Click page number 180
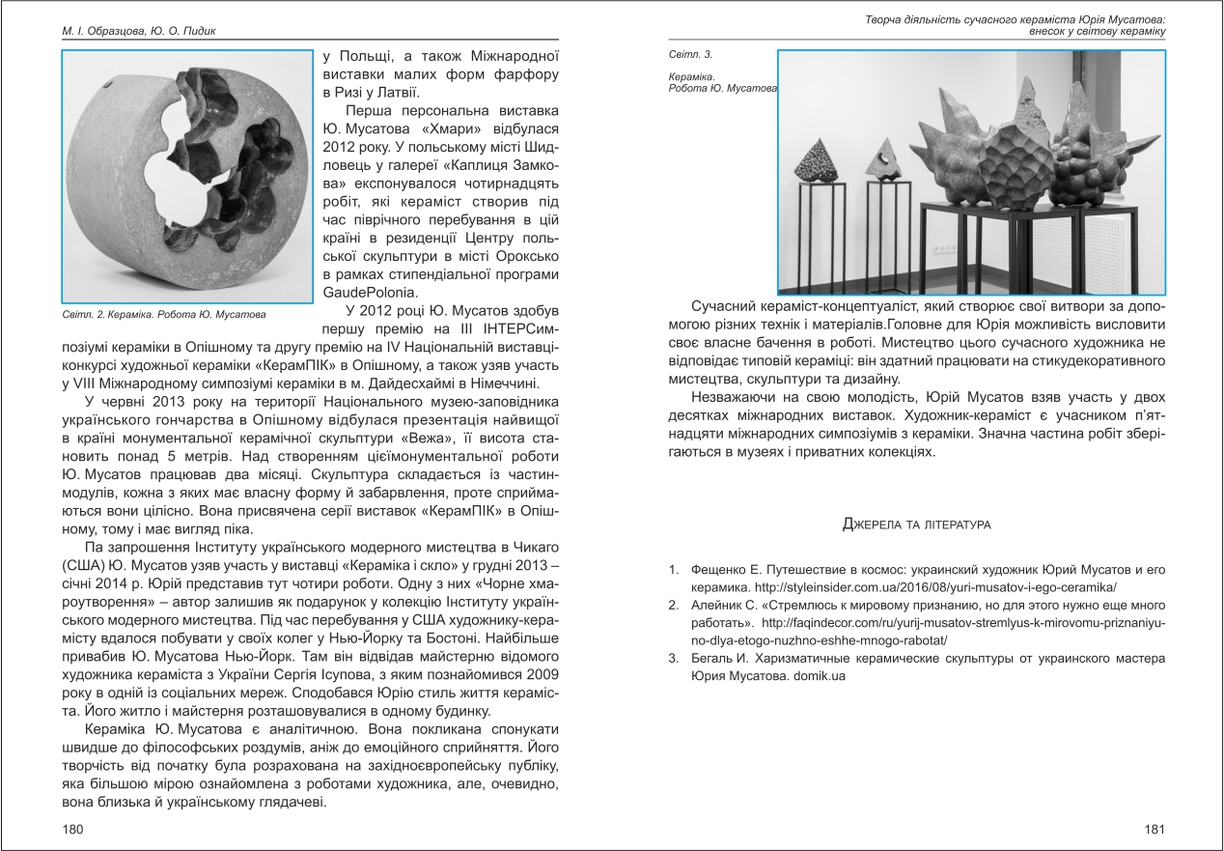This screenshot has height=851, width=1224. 72,829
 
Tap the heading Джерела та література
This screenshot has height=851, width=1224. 917,525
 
